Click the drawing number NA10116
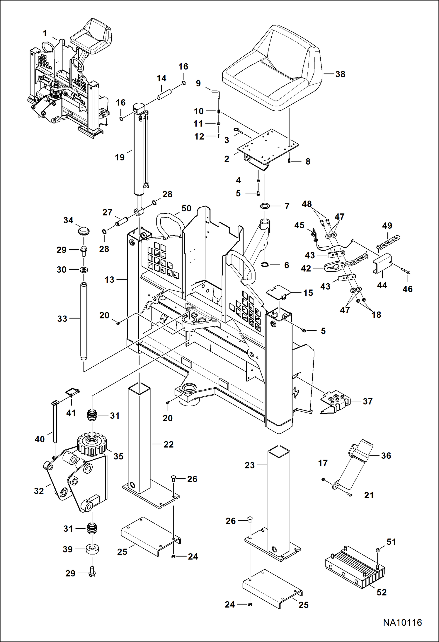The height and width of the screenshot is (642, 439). point(402,622)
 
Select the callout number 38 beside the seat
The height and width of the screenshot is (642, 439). point(340,74)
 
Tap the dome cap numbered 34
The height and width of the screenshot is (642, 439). point(84,231)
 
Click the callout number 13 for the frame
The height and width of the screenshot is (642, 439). point(109,280)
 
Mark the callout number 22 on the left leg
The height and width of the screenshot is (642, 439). point(169,444)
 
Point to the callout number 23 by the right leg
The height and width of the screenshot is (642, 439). point(249,465)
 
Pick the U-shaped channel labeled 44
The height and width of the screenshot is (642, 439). point(382,263)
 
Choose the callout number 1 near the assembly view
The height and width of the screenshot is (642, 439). point(45,33)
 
